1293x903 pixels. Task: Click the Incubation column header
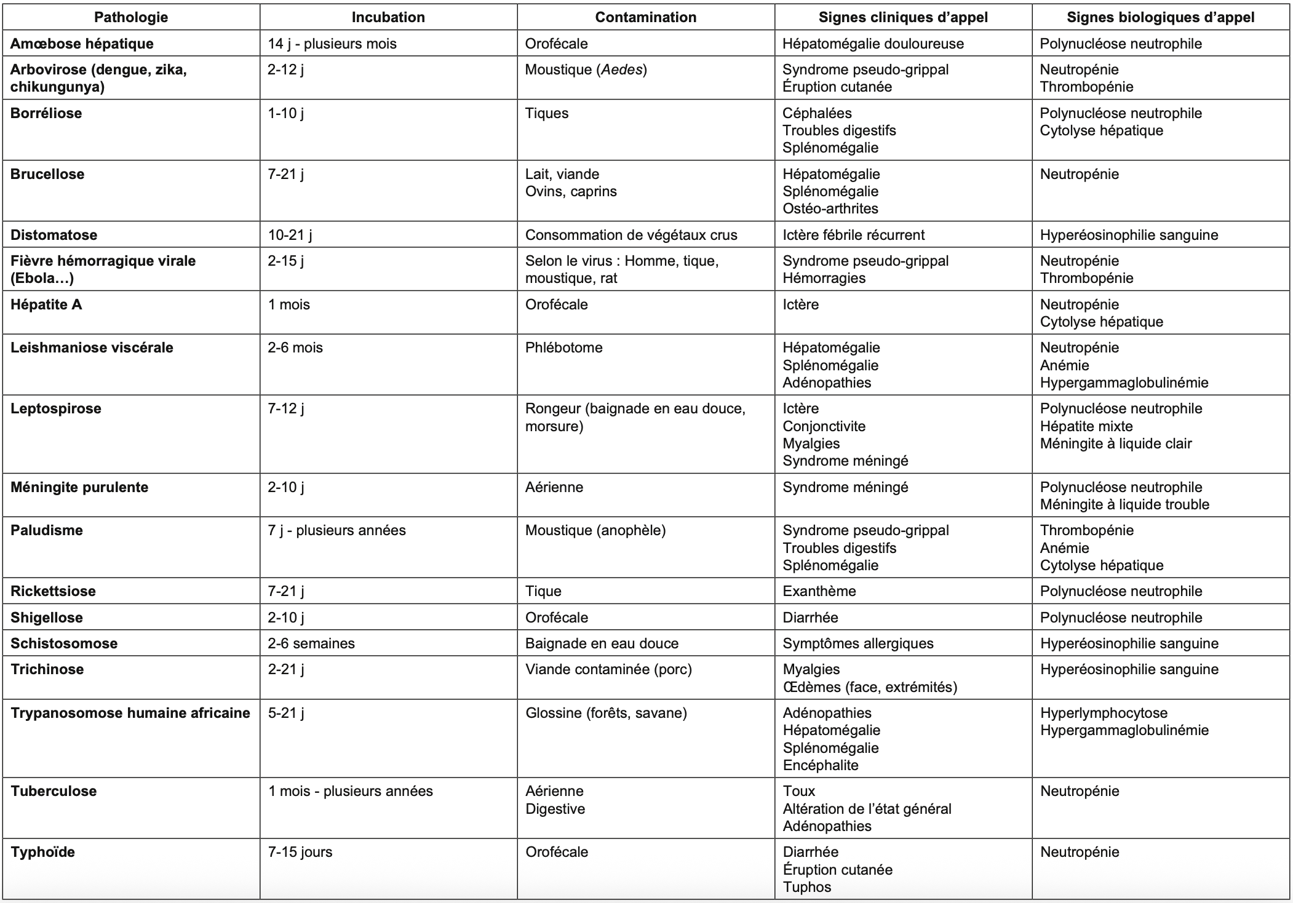pyautogui.click(x=388, y=17)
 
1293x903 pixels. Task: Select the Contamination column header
pyautogui.click(x=645, y=17)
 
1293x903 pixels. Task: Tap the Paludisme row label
pyautogui.click(x=47, y=530)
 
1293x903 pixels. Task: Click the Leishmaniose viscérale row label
pyautogui.click(x=92, y=348)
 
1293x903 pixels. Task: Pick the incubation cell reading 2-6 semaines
pyautogui.click(x=311, y=643)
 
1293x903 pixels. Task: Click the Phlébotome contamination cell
pyautogui.click(x=563, y=348)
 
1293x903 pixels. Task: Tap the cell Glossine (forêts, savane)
pyautogui.click(x=606, y=713)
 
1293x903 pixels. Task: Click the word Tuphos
pyautogui.click(x=807, y=887)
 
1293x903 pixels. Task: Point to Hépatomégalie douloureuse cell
pyautogui.click(x=873, y=44)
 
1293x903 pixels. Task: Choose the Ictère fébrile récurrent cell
pyautogui.click(x=853, y=235)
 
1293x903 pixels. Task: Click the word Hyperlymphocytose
pyautogui.click(x=1104, y=713)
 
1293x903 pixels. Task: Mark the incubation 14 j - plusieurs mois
pyautogui.click(x=332, y=44)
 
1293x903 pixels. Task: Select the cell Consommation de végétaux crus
pyautogui.click(x=631, y=235)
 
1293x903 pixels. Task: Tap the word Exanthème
pyautogui.click(x=819, y=591)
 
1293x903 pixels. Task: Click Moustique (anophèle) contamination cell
pyautogui.click(x=595, y=530)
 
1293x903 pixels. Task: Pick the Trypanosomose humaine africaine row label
pyautogui.click(x=130, y=713)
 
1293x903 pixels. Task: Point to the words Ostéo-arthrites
pyautogui.click(x=830, y=209)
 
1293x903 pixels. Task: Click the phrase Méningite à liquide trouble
pyautogui.click(x=1124, y=504)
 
